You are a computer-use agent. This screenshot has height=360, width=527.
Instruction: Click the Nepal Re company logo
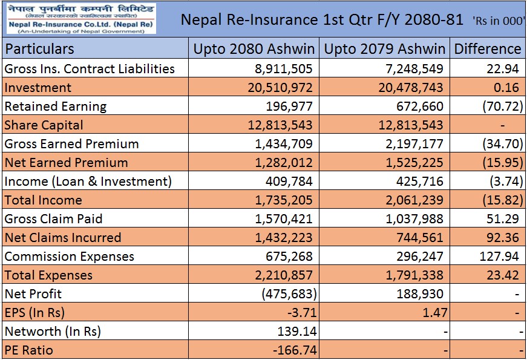79,19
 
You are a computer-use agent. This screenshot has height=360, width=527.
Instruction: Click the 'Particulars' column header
40,49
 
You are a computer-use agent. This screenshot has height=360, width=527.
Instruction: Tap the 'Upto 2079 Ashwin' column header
384,49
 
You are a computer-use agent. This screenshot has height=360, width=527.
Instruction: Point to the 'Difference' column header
487,49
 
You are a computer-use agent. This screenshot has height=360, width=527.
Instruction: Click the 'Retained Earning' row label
56,106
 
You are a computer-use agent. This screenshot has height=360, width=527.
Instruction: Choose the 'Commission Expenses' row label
69,257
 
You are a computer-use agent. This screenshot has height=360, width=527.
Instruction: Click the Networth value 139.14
296,332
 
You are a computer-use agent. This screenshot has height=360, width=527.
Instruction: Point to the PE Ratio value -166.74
293,350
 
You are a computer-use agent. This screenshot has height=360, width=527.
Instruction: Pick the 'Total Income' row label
43,200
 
